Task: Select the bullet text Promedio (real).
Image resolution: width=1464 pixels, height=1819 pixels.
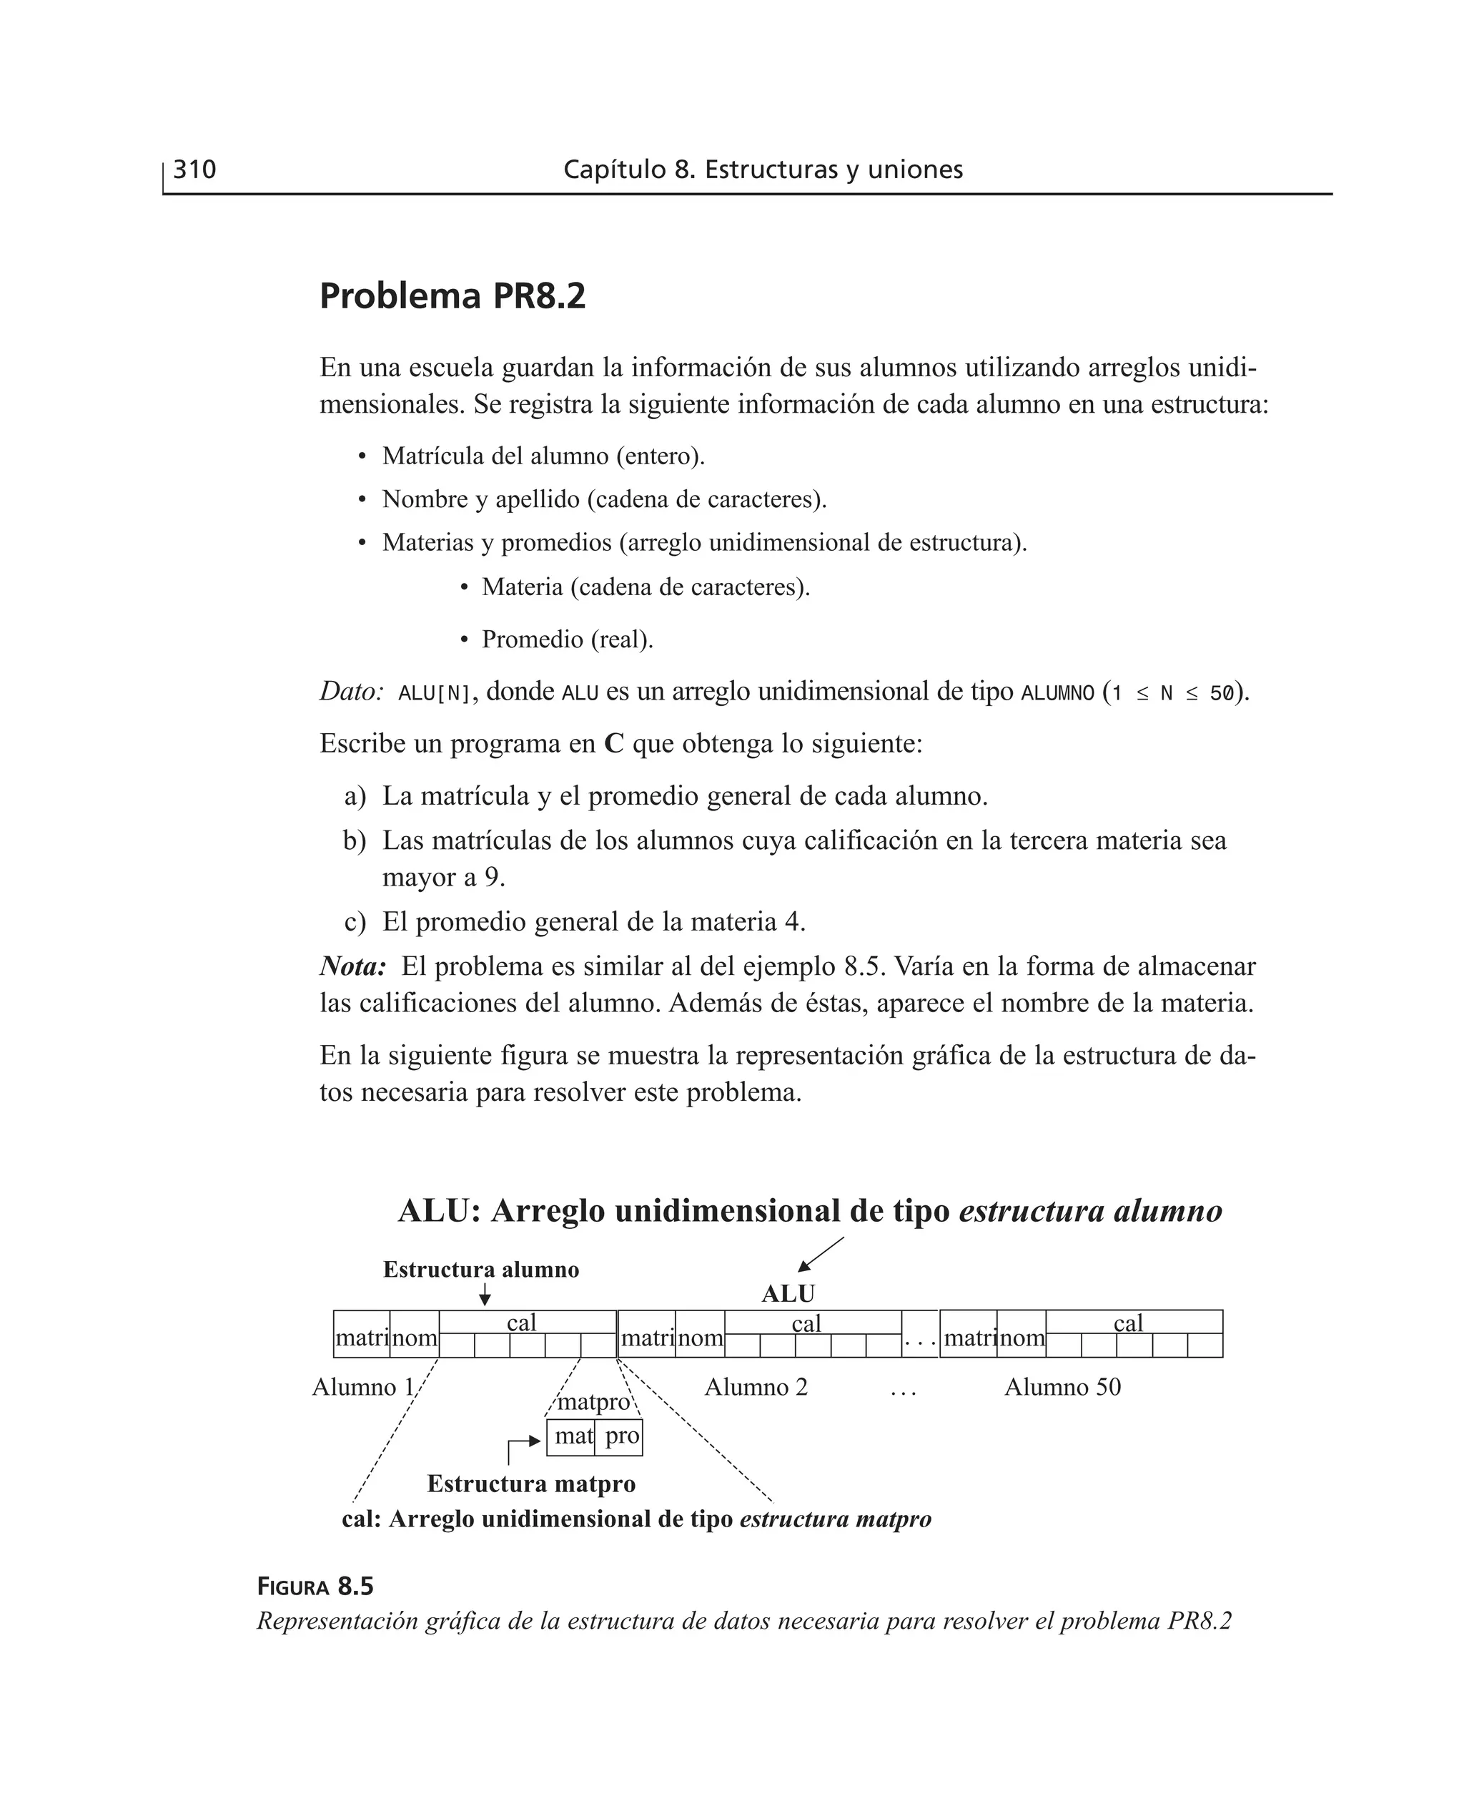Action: (567, 639)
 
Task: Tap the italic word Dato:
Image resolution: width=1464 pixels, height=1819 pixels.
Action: (352, 692)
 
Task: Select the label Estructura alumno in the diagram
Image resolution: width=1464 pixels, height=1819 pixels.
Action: (480, 1269)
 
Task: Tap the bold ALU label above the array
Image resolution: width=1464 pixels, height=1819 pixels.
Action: (788, 1293)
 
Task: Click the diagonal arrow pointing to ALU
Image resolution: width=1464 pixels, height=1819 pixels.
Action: (821, 1254)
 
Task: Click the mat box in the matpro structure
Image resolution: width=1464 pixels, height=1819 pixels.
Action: (572, 1436)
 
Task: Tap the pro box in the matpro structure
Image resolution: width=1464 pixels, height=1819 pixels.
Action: (620, 1436)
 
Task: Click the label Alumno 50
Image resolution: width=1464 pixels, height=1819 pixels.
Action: (1062, 1387)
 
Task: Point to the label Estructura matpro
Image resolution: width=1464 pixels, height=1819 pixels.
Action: (531, 1484)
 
